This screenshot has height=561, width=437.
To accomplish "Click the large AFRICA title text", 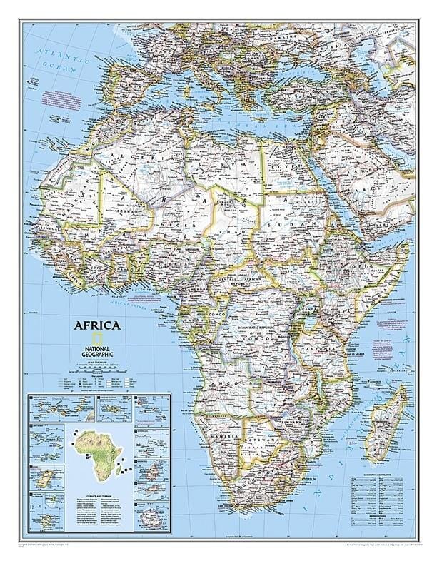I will pyautogui.click(x=96, y=326).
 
